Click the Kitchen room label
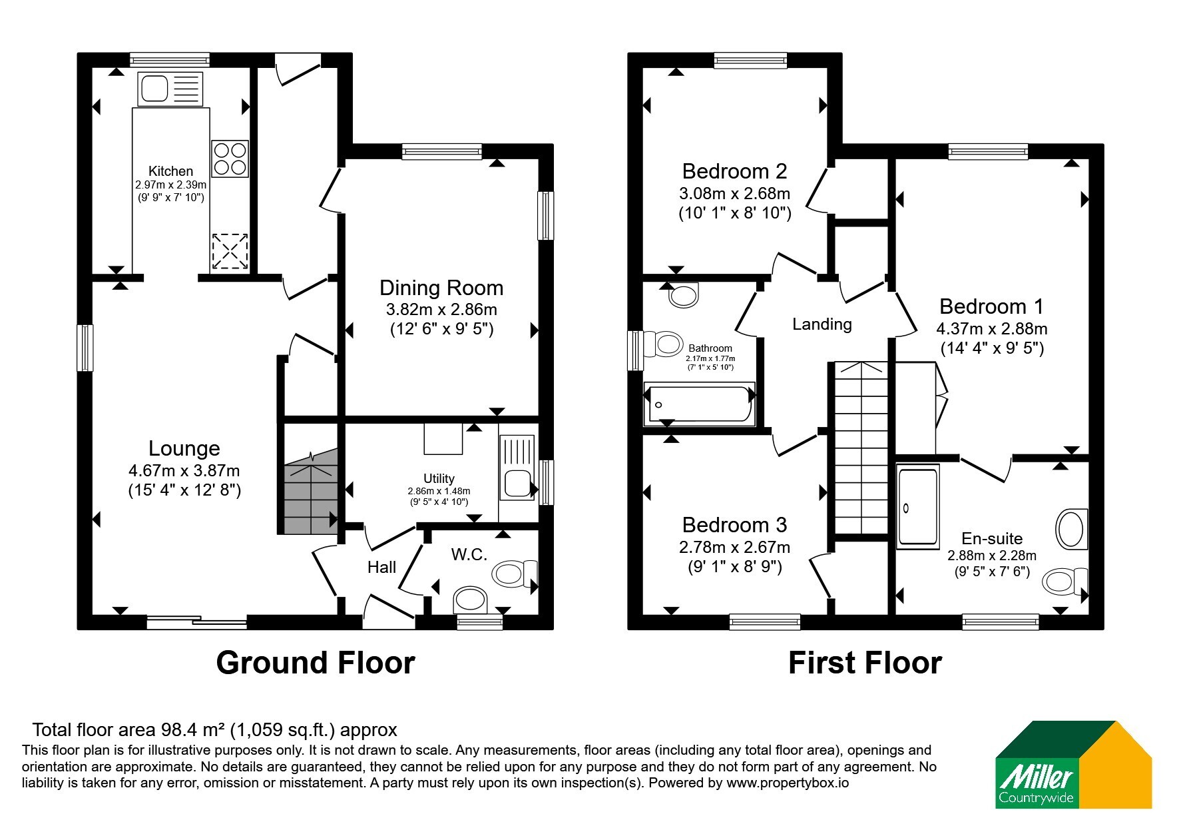pyautogui.click(x=170, y=171)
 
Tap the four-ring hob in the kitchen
pyautogui.click(x=230, y=159)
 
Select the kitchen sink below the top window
pyautogui.click(x=170, y=89)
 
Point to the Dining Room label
pyautogui.click(x=441, y=288)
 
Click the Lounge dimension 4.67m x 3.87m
pyautogui.click(x=184, y=471)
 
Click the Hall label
pyautogui.click(x=381, y=567)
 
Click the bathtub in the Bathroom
pyautogui.click(x=700, y=404)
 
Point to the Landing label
pyautogui.click(x=822, y=324)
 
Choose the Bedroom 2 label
pyautogui.click(x=735, y=171)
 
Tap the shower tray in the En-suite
pyautogui.click(x=918, y=506)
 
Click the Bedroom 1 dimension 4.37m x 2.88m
pyautogui.click(x=992, y=329)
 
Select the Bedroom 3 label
pyautogui.click(x=735, y=525)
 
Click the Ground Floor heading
pyautogui.click(x=316, y=663)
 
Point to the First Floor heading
pyautogui.click(x=865, y=663)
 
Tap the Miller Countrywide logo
pyautogui.click(x=1073, y=765)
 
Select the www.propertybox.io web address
pyautogui.click(x=788, y=783)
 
